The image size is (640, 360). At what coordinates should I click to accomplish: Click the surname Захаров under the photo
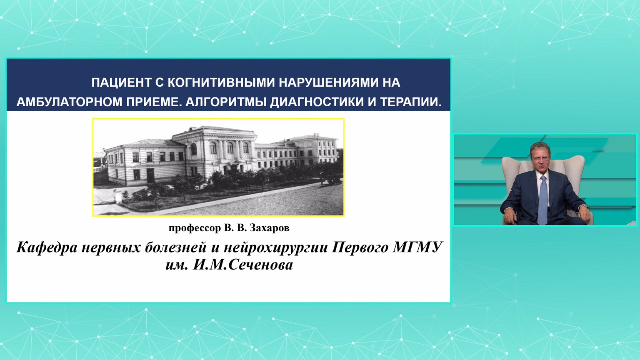(x=270, y=228)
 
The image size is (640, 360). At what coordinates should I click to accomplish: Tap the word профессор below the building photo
(x=194, y=229)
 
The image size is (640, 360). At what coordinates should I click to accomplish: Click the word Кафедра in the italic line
(x=47, y=247)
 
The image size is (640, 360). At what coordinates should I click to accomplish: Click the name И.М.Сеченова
(x=243, y=265)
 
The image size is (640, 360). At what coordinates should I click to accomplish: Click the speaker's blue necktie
(x=542, y=200)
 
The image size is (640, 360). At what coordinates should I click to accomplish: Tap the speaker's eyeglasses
(x=540, y=158)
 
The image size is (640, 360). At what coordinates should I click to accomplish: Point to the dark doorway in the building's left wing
(x=150, y=176)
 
